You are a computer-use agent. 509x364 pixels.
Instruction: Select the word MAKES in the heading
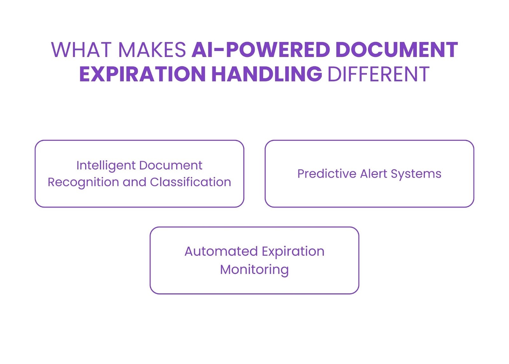pyautogui.click(x=152, y=50)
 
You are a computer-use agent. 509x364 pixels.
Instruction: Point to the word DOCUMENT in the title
pyautogui.click(x=396, y=50)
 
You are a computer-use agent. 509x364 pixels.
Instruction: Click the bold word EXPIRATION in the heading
pyautogui.click(x=143, y=74)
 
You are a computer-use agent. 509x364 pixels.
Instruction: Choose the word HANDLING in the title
pyautogui.click(x=267, y=74)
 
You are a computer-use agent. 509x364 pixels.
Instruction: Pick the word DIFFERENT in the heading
pyautogui.click(x=378, y=74)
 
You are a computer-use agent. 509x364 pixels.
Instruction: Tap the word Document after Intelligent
pyautogui.click(x=171, y=166)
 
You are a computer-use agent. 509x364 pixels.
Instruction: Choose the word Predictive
pyautogui.click(x=327, y=174)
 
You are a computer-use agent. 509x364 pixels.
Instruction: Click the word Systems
pyautogui.click(x=416, y=174)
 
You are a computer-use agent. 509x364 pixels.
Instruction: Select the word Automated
pyautogui.click(x=221, y=251)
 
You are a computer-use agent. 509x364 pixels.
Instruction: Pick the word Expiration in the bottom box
pyautogui.click(x=293, y=252)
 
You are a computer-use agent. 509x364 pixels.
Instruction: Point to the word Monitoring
pyautogui.click(x=254, y=270)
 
